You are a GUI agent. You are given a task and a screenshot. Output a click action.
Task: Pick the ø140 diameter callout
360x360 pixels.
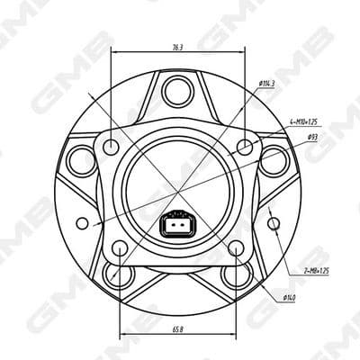pos(290,296)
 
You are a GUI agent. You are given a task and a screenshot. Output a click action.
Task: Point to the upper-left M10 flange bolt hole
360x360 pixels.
pos(112,146)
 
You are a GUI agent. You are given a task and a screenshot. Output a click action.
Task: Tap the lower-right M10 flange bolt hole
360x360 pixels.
pos(236,246)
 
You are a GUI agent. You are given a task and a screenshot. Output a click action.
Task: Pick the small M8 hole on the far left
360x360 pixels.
pos(83,221)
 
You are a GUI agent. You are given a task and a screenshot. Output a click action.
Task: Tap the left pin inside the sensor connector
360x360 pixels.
pos(171,228)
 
